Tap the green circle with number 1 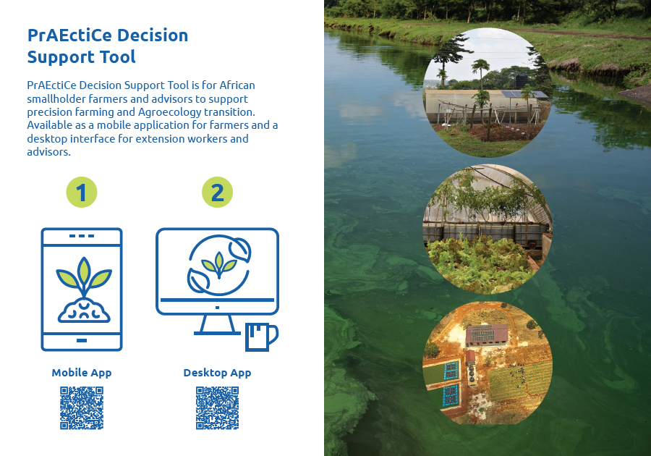(x=82, y=193)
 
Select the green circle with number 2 (x=217, y=193)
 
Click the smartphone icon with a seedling (x=82, y=290)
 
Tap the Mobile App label (x=81, y=373)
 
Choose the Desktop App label (x=217, y=373)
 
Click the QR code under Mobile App (x=82, y=408)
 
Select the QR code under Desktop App (x=218, y=408)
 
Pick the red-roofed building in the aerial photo (x=487, y=335)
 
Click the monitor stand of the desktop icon (x=217, y=324)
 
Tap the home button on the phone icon (x=82, y=340)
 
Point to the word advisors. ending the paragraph (x=48, y=152)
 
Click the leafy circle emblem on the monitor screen (x=219, y=264)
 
